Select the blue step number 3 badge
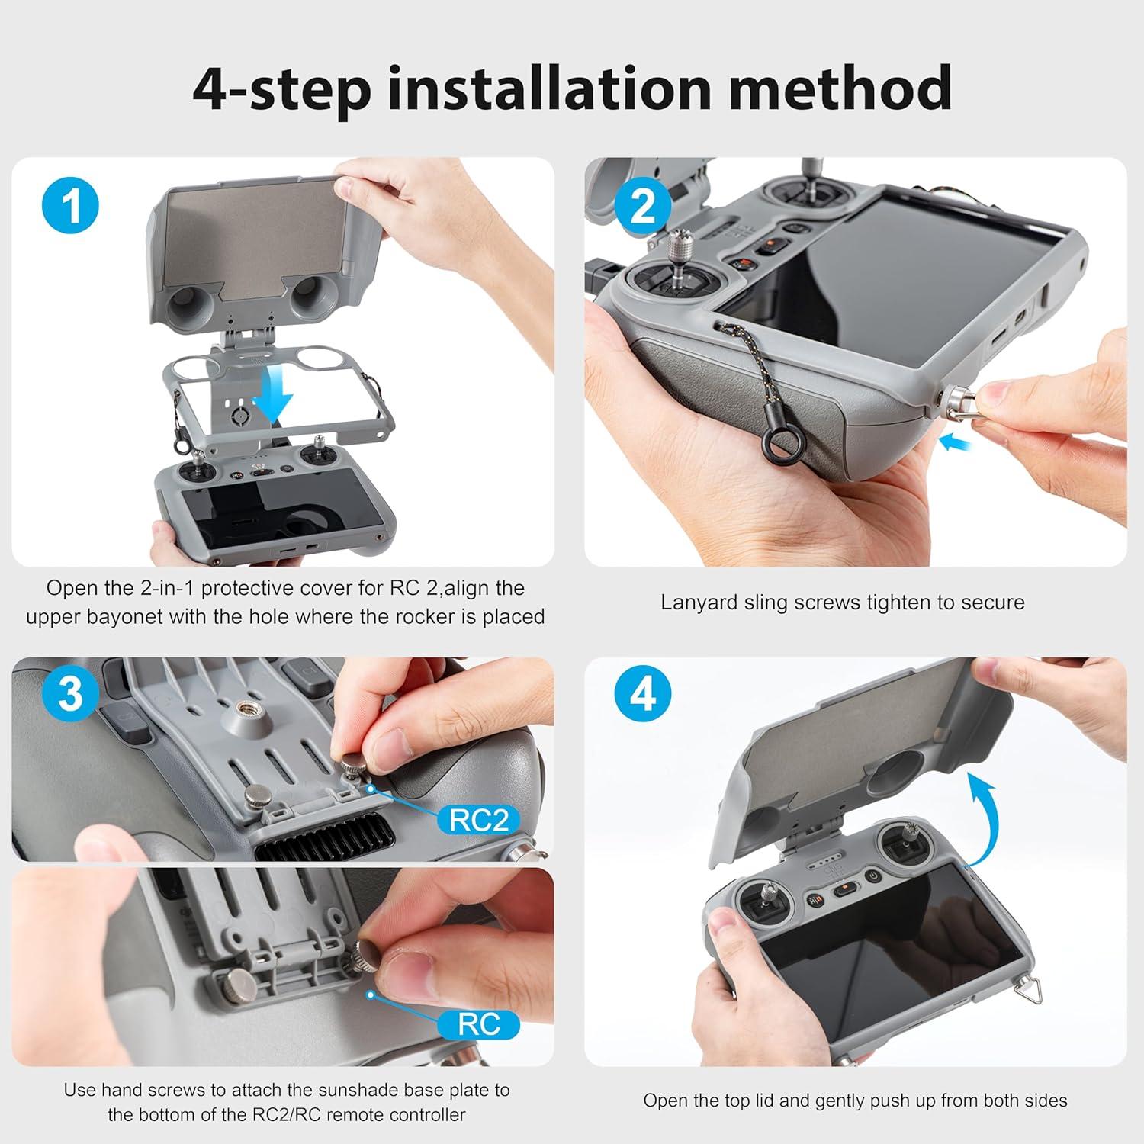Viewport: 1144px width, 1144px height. tap(71, 695)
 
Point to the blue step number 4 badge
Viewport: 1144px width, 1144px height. tap(643, 695)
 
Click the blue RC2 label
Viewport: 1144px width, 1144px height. tap(478, 821)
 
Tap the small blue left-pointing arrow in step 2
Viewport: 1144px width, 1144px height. tap(956, 441)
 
